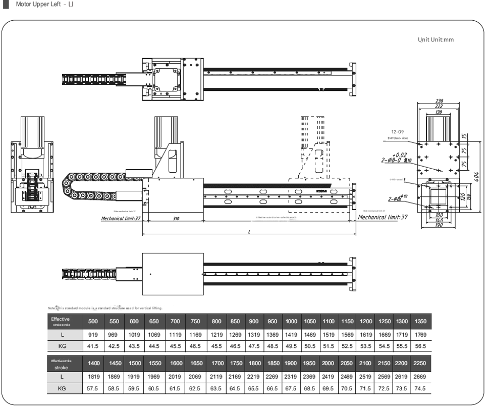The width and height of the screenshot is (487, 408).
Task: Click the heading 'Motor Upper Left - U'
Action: coord(44,5)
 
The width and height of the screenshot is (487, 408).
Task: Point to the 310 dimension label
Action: coord(176,219)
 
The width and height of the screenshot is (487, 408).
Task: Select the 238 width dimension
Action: coord(439,101)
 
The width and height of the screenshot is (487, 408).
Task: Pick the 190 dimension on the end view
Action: coord(439,225)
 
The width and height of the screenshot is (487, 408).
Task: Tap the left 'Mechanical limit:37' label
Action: coord(121,219)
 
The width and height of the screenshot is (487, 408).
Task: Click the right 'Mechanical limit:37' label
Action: coord(383,217)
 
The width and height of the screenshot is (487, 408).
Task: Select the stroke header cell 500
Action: coord(93,322)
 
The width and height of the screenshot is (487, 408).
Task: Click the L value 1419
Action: coord(291,334)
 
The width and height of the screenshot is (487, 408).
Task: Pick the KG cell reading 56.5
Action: coord(420,346)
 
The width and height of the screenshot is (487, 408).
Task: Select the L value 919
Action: coord(93,334)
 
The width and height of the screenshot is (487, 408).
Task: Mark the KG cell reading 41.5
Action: coord(93,346)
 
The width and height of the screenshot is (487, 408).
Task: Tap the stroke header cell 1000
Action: coord(291,322)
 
